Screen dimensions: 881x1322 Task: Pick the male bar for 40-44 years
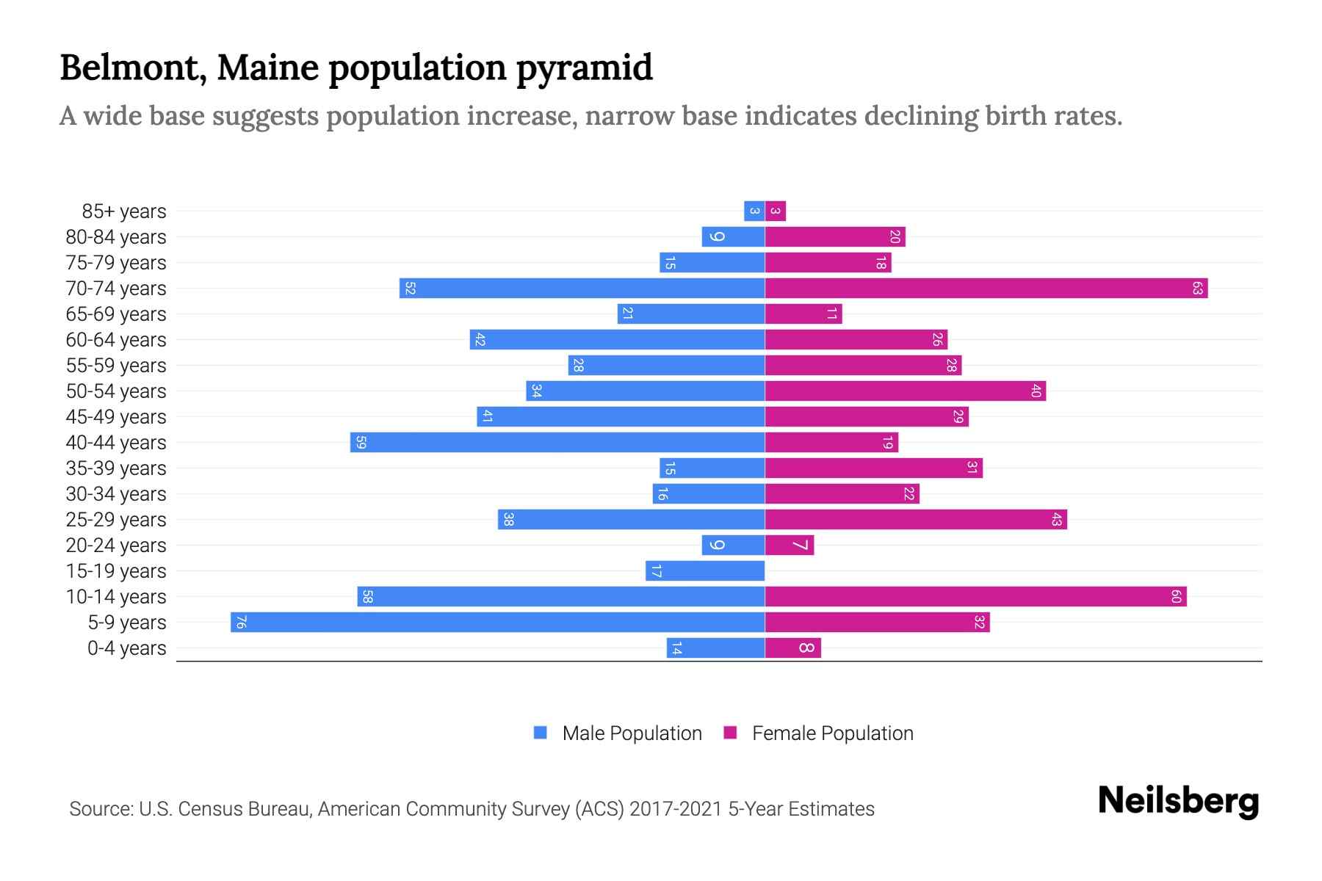coord(558,442)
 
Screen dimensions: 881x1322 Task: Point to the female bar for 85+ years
coord(776,211)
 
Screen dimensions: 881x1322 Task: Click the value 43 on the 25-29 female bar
coord(1056,519)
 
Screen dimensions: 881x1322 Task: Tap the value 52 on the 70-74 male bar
coord(410,288)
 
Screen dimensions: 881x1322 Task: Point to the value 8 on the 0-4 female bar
coord(806,648)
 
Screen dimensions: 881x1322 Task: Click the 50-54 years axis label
coord(116,391)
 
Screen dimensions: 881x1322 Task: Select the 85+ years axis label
coord(124,211)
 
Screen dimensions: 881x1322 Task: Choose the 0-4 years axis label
coord(127,648)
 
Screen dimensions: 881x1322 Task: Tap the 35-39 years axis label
coord(116,468)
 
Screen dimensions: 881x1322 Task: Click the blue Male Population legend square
coord(541,733)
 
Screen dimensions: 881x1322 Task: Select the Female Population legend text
coord(832,733)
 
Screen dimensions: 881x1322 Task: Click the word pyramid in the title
coord(584,68)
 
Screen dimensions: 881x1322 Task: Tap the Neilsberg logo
coord(1178,800)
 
